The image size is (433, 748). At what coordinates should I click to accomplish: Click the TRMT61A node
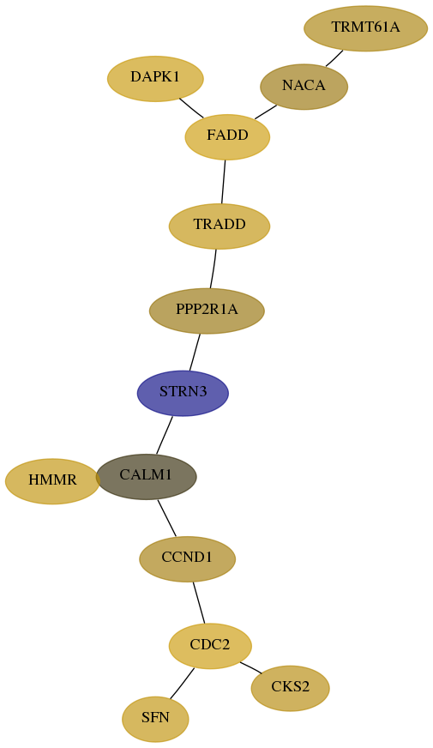coord(366,28)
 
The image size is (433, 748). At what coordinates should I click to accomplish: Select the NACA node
coord(304,87)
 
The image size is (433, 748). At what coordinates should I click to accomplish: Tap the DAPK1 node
coord(155,79)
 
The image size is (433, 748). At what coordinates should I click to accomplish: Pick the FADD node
coord(227,137)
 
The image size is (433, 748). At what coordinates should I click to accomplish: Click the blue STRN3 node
coord(183,393)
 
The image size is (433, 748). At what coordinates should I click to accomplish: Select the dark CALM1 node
coord(147,477)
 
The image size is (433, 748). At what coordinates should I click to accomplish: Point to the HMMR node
coord(52,481)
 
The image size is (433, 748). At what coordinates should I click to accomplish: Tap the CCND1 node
coord(188,559)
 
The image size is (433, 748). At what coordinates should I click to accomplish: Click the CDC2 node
coord(210,646)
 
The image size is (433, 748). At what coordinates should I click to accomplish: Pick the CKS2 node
coord(291,688)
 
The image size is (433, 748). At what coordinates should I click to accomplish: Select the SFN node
coord(155,719)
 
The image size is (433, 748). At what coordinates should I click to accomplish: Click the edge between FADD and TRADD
coord(223,182)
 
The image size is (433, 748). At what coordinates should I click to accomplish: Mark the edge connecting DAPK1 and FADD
coord(191,108)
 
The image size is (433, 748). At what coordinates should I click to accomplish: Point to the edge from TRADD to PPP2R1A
coord(213,268)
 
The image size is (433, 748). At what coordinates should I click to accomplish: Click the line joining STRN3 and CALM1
coord(164,435)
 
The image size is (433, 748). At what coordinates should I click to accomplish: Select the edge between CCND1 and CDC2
coord(199,602)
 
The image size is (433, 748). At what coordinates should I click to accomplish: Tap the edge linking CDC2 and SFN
coord(182,684)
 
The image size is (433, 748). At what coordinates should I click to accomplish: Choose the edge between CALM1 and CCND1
coord(167,518)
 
